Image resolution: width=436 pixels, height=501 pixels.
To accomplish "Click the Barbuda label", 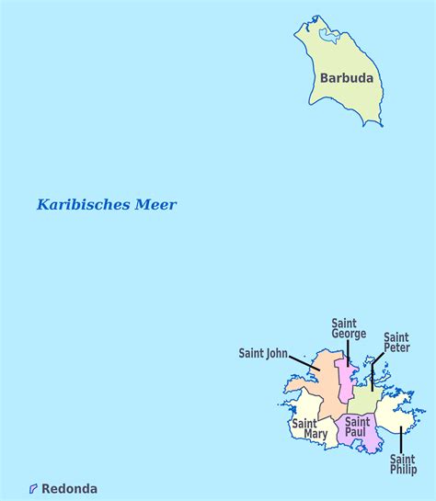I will coord(347,78).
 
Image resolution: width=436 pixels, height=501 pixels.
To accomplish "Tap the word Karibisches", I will coord(80,205).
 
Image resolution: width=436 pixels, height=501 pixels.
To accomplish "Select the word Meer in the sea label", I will coord(154,205).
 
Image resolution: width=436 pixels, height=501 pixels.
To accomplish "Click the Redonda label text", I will coord(69,489).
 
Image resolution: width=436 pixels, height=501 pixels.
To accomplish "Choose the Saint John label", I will coord(263,352).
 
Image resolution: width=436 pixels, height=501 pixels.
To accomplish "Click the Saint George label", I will coord(349,328).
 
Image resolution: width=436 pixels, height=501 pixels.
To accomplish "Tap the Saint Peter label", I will coord(396,343).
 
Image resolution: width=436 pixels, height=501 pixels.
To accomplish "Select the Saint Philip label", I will coord(402,464).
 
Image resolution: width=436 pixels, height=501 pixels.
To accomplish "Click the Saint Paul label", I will coord(357,427).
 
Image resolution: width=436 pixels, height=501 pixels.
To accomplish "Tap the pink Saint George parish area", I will coord(344,381).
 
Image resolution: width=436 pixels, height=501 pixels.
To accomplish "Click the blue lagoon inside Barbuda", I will coord(328,38).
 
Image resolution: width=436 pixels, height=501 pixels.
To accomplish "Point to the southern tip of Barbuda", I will coord(368,124).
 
